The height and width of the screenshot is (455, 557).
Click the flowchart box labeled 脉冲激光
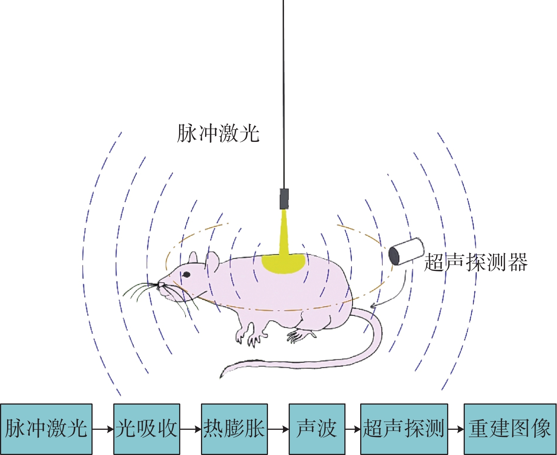click(46, 429)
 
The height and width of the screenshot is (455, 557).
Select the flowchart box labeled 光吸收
click(147, 429)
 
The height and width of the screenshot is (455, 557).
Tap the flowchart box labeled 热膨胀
click(234, 429)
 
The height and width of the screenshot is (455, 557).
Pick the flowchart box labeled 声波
click(317, 429)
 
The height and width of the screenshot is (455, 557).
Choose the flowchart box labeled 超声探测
click(404, 429)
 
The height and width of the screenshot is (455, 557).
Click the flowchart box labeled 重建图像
click(510, 429)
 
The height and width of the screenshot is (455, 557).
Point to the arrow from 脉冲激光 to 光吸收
click(103, 429)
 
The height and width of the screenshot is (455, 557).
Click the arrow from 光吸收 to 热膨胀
click(190, 429)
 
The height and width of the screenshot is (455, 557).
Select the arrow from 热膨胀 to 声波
click(278, 429)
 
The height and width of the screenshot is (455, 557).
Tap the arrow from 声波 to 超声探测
click(353, 429)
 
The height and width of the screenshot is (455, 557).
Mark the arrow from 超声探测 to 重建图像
click(456, 429)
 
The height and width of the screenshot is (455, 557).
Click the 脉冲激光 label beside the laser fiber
click(218, 134)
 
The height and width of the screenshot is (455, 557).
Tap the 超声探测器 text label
click(476, 262)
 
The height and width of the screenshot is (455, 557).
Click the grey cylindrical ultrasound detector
click(406, 251)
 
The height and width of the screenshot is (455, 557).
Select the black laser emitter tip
click(284, 199)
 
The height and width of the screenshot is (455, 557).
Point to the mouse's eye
click(186, 274)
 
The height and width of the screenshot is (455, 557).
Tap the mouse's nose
click(161, 285)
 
